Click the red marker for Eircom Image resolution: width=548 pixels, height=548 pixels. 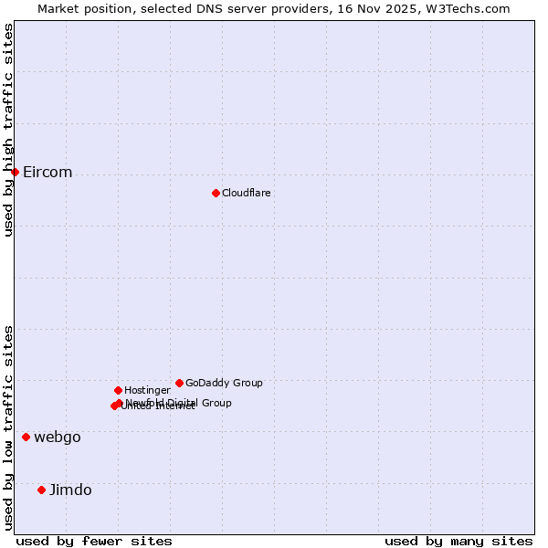pos(15,172)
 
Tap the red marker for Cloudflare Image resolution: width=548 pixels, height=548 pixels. pos(216,193)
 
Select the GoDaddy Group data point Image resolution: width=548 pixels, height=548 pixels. pos(179,383)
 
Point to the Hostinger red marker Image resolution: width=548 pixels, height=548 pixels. pos(118,390)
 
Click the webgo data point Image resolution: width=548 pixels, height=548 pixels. pos(26,437)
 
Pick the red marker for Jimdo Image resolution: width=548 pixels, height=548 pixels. pos(41,490)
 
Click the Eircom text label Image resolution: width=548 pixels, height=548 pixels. pos(47,173)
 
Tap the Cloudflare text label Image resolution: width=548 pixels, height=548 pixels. pos(247,193)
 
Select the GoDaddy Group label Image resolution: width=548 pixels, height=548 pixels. pos(224,383)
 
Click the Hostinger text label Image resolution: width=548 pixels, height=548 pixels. pos(147,390)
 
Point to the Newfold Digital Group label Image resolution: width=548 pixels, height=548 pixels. pos(179,402)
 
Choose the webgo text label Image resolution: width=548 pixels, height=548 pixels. pos(58,437)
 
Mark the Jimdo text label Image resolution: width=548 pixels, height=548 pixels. pos(70,490)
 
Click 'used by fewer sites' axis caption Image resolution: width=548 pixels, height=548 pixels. pos(94,541)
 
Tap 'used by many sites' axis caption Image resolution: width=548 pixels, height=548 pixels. pos(458,541)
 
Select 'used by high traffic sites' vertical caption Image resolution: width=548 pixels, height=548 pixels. pos(8,130)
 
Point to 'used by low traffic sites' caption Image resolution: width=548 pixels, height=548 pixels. pos(8,427)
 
